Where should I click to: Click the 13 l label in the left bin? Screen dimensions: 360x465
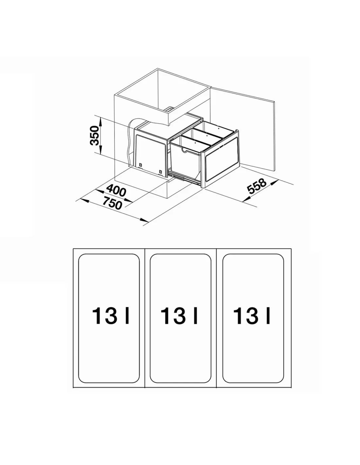click(x=111, y=316)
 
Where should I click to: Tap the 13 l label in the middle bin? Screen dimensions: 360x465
click(x=179, y=316)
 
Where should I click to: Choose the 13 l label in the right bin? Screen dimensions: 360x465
click(x=251, y=316)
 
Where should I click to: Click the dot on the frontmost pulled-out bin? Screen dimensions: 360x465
click(x=195, y=142)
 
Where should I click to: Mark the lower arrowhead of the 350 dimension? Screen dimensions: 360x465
click(x=101, y=150)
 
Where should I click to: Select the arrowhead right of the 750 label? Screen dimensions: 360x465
click(x=144, y=220)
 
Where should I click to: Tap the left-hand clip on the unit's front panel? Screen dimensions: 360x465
click(x=140, y=164)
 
